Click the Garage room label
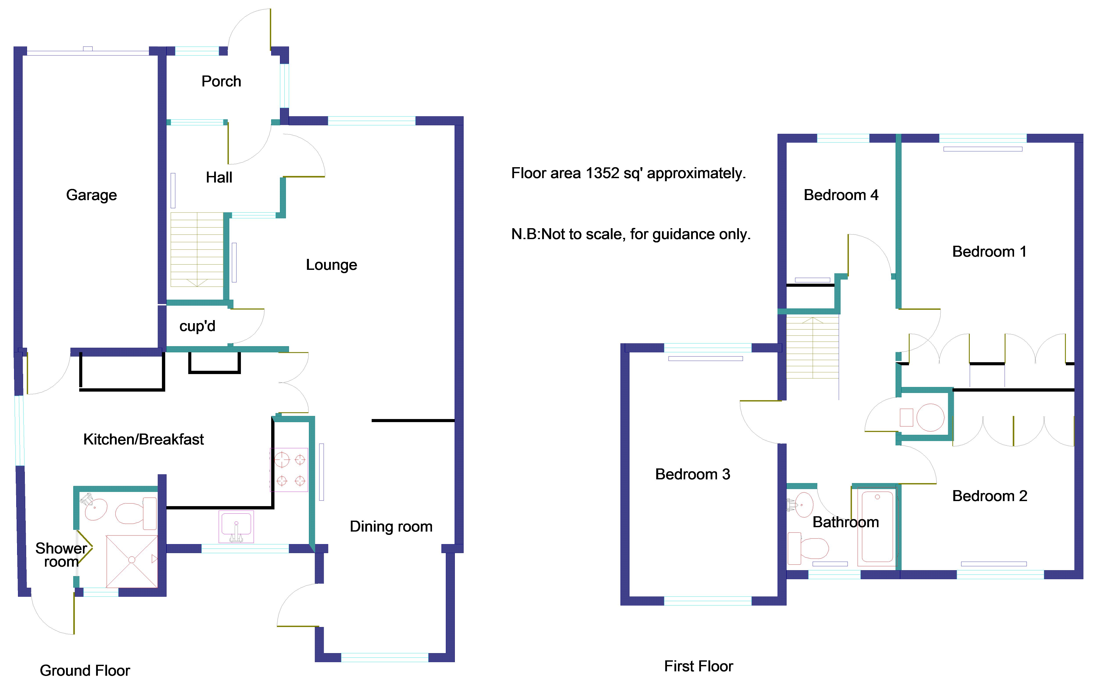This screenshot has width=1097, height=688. (x=91, y=195)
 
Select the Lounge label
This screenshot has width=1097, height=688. (x=331, y=265)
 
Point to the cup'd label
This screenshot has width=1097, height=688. (x=197, y=326)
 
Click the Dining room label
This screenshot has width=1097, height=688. (x=391, y=527)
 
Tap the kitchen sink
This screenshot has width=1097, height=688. (x=236, y=527)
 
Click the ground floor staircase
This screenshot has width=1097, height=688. (x=197, y=249)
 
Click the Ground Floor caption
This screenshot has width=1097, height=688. (x=85, y=671)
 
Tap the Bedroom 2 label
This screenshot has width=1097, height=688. (x=990, y=496)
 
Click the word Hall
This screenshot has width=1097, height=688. (x=219, y=177)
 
